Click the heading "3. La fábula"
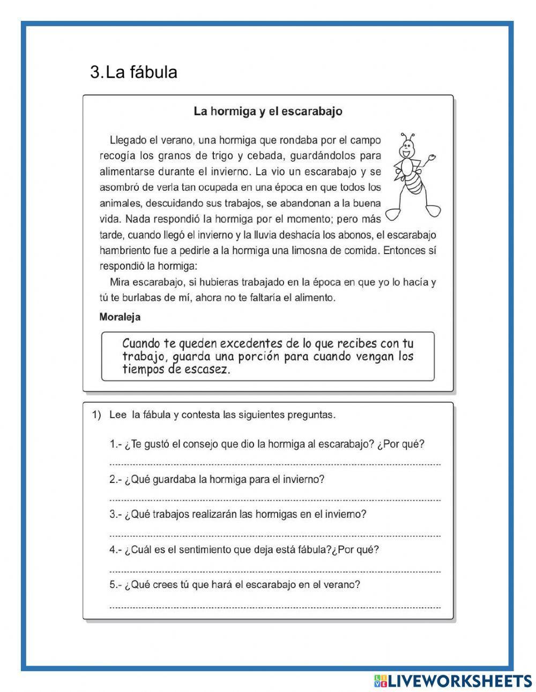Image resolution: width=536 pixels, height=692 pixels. click(x=133, y=72)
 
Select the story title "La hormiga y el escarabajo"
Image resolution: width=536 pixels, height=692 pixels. click(x=267, y=111)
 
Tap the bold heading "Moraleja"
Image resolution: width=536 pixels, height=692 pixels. click(x=120, y=317)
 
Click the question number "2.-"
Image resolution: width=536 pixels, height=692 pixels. click(x=115, y=479)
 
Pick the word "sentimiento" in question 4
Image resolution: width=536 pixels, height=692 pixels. click(x=204, y=549)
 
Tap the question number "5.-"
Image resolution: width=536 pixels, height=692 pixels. click(x=115, y=584)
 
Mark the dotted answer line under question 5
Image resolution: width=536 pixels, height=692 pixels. click(x=274, y=607)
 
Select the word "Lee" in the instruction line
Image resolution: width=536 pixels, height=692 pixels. click(x=117, y=415)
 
